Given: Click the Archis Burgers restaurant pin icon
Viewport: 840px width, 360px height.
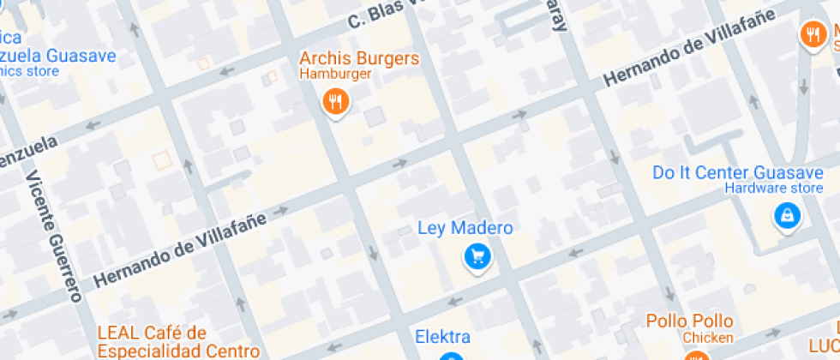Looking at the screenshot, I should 335,102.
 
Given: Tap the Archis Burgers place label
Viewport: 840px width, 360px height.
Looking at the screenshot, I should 359,59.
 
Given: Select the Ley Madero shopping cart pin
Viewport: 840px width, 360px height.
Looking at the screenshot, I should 477,255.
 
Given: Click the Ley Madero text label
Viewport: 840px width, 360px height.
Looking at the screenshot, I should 465,228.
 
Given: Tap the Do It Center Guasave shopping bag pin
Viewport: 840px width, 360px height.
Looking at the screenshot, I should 785,216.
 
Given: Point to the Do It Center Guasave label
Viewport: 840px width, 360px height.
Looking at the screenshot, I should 738,172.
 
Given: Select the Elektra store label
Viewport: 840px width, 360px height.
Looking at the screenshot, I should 442,336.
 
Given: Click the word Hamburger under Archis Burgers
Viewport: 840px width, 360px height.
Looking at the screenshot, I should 335,75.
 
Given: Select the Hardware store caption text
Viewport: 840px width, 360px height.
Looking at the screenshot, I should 773,188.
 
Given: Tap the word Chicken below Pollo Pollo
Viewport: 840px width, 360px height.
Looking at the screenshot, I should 707,337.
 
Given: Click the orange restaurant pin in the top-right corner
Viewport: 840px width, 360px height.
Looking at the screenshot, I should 811,34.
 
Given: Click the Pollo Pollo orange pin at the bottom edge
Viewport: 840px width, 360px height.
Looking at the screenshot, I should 695,356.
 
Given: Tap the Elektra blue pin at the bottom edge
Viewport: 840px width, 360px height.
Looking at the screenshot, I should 452,356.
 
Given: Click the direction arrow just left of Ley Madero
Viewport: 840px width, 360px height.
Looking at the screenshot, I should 400,164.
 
